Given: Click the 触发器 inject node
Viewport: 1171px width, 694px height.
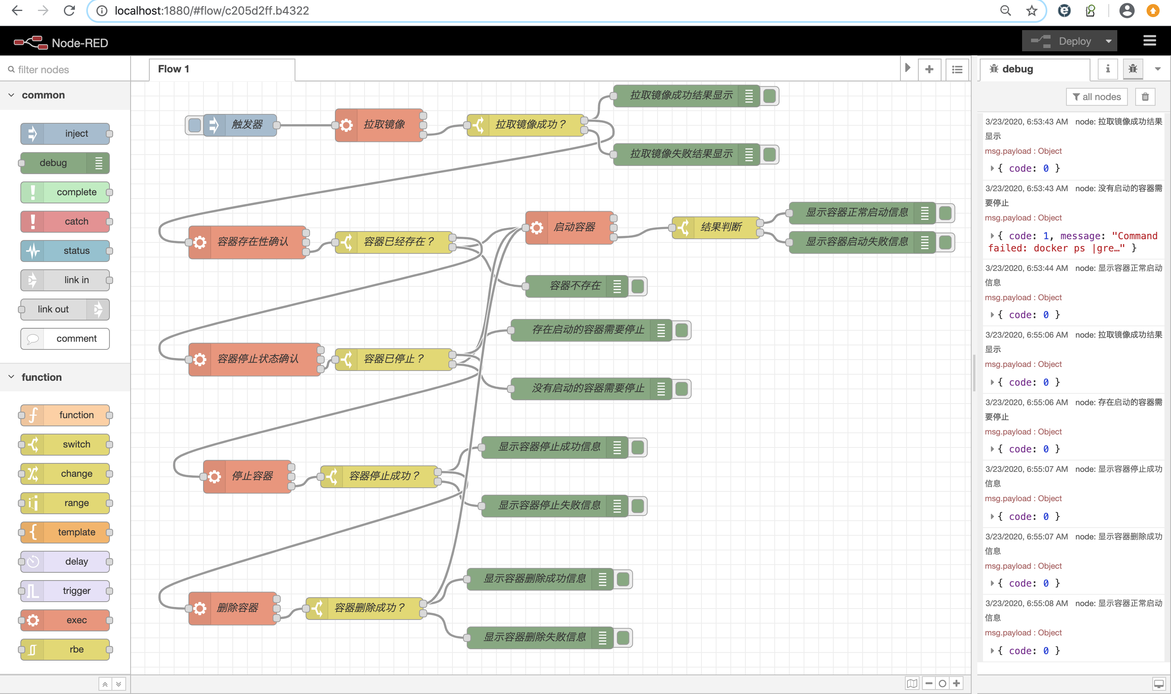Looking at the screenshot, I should (247, 125).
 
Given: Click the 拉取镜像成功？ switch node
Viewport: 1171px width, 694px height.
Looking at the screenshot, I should (530, 125).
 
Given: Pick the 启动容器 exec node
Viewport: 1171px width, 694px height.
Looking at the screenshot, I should (574, 227).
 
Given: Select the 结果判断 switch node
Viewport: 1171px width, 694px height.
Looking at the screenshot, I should (721, 227).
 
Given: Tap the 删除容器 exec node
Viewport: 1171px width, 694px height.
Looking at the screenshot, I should (238, 608).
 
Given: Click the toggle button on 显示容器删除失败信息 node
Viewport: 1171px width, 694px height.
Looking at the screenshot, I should (623, 637).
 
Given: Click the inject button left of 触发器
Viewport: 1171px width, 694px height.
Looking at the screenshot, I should (194, 125).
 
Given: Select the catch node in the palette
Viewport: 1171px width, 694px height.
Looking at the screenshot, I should (66, 221).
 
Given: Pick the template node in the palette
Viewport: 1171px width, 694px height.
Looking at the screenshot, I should (66, 532).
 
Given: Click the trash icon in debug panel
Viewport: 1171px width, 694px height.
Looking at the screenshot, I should (1145, 97).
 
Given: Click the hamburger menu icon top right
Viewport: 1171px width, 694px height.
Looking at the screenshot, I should (1149, 41).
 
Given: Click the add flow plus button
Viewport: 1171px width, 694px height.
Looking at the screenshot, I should (929, 69).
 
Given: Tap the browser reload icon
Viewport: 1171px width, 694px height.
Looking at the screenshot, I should (69, 10).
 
